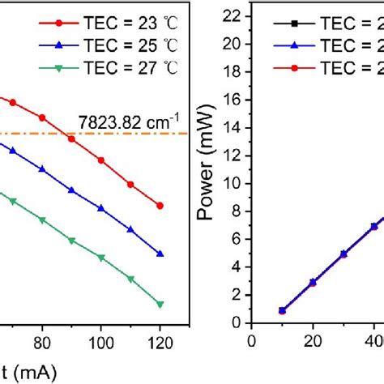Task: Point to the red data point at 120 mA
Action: [160, 206]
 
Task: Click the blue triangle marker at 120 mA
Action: [160, 254]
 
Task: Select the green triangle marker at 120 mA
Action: [160, 305]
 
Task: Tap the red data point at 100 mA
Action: [101, 160]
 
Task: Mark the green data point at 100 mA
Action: [101, 258]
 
